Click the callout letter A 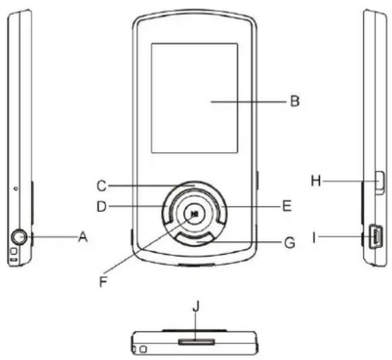click(83, 237)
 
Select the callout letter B click(295, 101)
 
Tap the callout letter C click(101, 186)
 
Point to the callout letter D click(101, 206)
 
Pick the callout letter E click(287, 206)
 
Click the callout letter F click(103, 282)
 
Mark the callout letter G click(289, 243)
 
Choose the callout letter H click(316, 181)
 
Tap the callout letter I click(314, 237)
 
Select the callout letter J click(196, 306)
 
